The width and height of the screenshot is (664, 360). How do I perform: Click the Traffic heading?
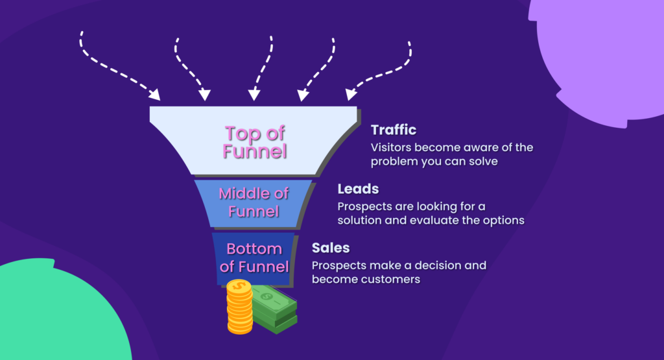tap(393, 130)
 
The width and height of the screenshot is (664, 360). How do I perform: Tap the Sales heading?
tap(330, 248)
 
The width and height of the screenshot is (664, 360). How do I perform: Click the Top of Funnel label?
tap(254, 142)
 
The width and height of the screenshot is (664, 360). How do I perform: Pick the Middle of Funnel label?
tap(254, 202)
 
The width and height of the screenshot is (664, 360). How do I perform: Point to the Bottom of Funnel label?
tap(254, 258)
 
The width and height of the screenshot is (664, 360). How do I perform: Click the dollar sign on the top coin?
tap(240, 286)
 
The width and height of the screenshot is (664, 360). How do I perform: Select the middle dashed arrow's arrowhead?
tap(254, 95)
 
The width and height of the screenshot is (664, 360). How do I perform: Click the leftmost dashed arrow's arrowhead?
tap(155, 95)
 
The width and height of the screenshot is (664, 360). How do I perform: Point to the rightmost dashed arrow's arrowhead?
tap(350, 95)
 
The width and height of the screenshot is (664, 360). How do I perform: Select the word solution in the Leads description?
tap(361, 220)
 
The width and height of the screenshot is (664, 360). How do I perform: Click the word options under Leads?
tap(504, 220)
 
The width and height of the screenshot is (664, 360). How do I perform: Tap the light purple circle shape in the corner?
tap(603, 52)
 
